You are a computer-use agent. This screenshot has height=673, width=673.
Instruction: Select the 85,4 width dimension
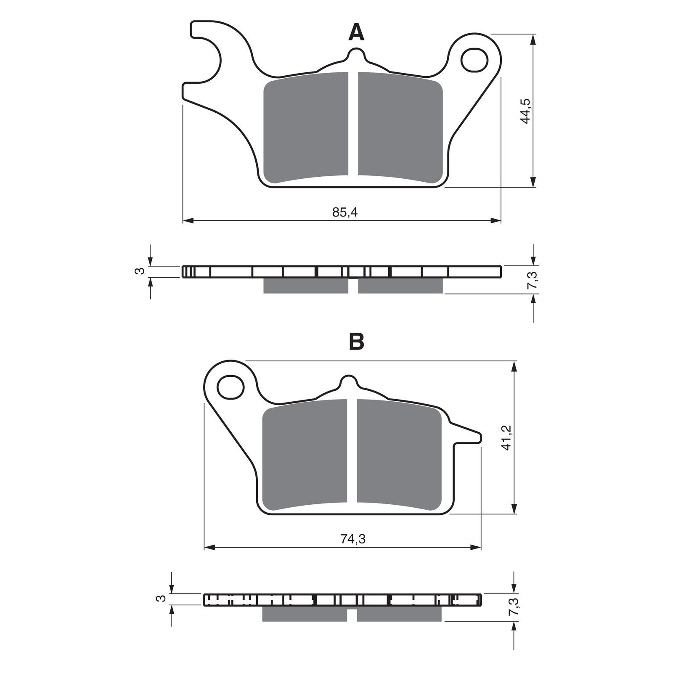(345, 212)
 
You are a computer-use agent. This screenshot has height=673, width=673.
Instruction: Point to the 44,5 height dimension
(526, 111)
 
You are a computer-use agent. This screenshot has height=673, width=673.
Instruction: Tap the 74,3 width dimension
(353, 539)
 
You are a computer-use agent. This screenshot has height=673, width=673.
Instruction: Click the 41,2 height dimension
(507, 437)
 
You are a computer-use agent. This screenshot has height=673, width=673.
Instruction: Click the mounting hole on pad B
(231, 387)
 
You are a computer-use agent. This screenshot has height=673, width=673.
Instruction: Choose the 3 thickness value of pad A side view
(141, 271)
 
